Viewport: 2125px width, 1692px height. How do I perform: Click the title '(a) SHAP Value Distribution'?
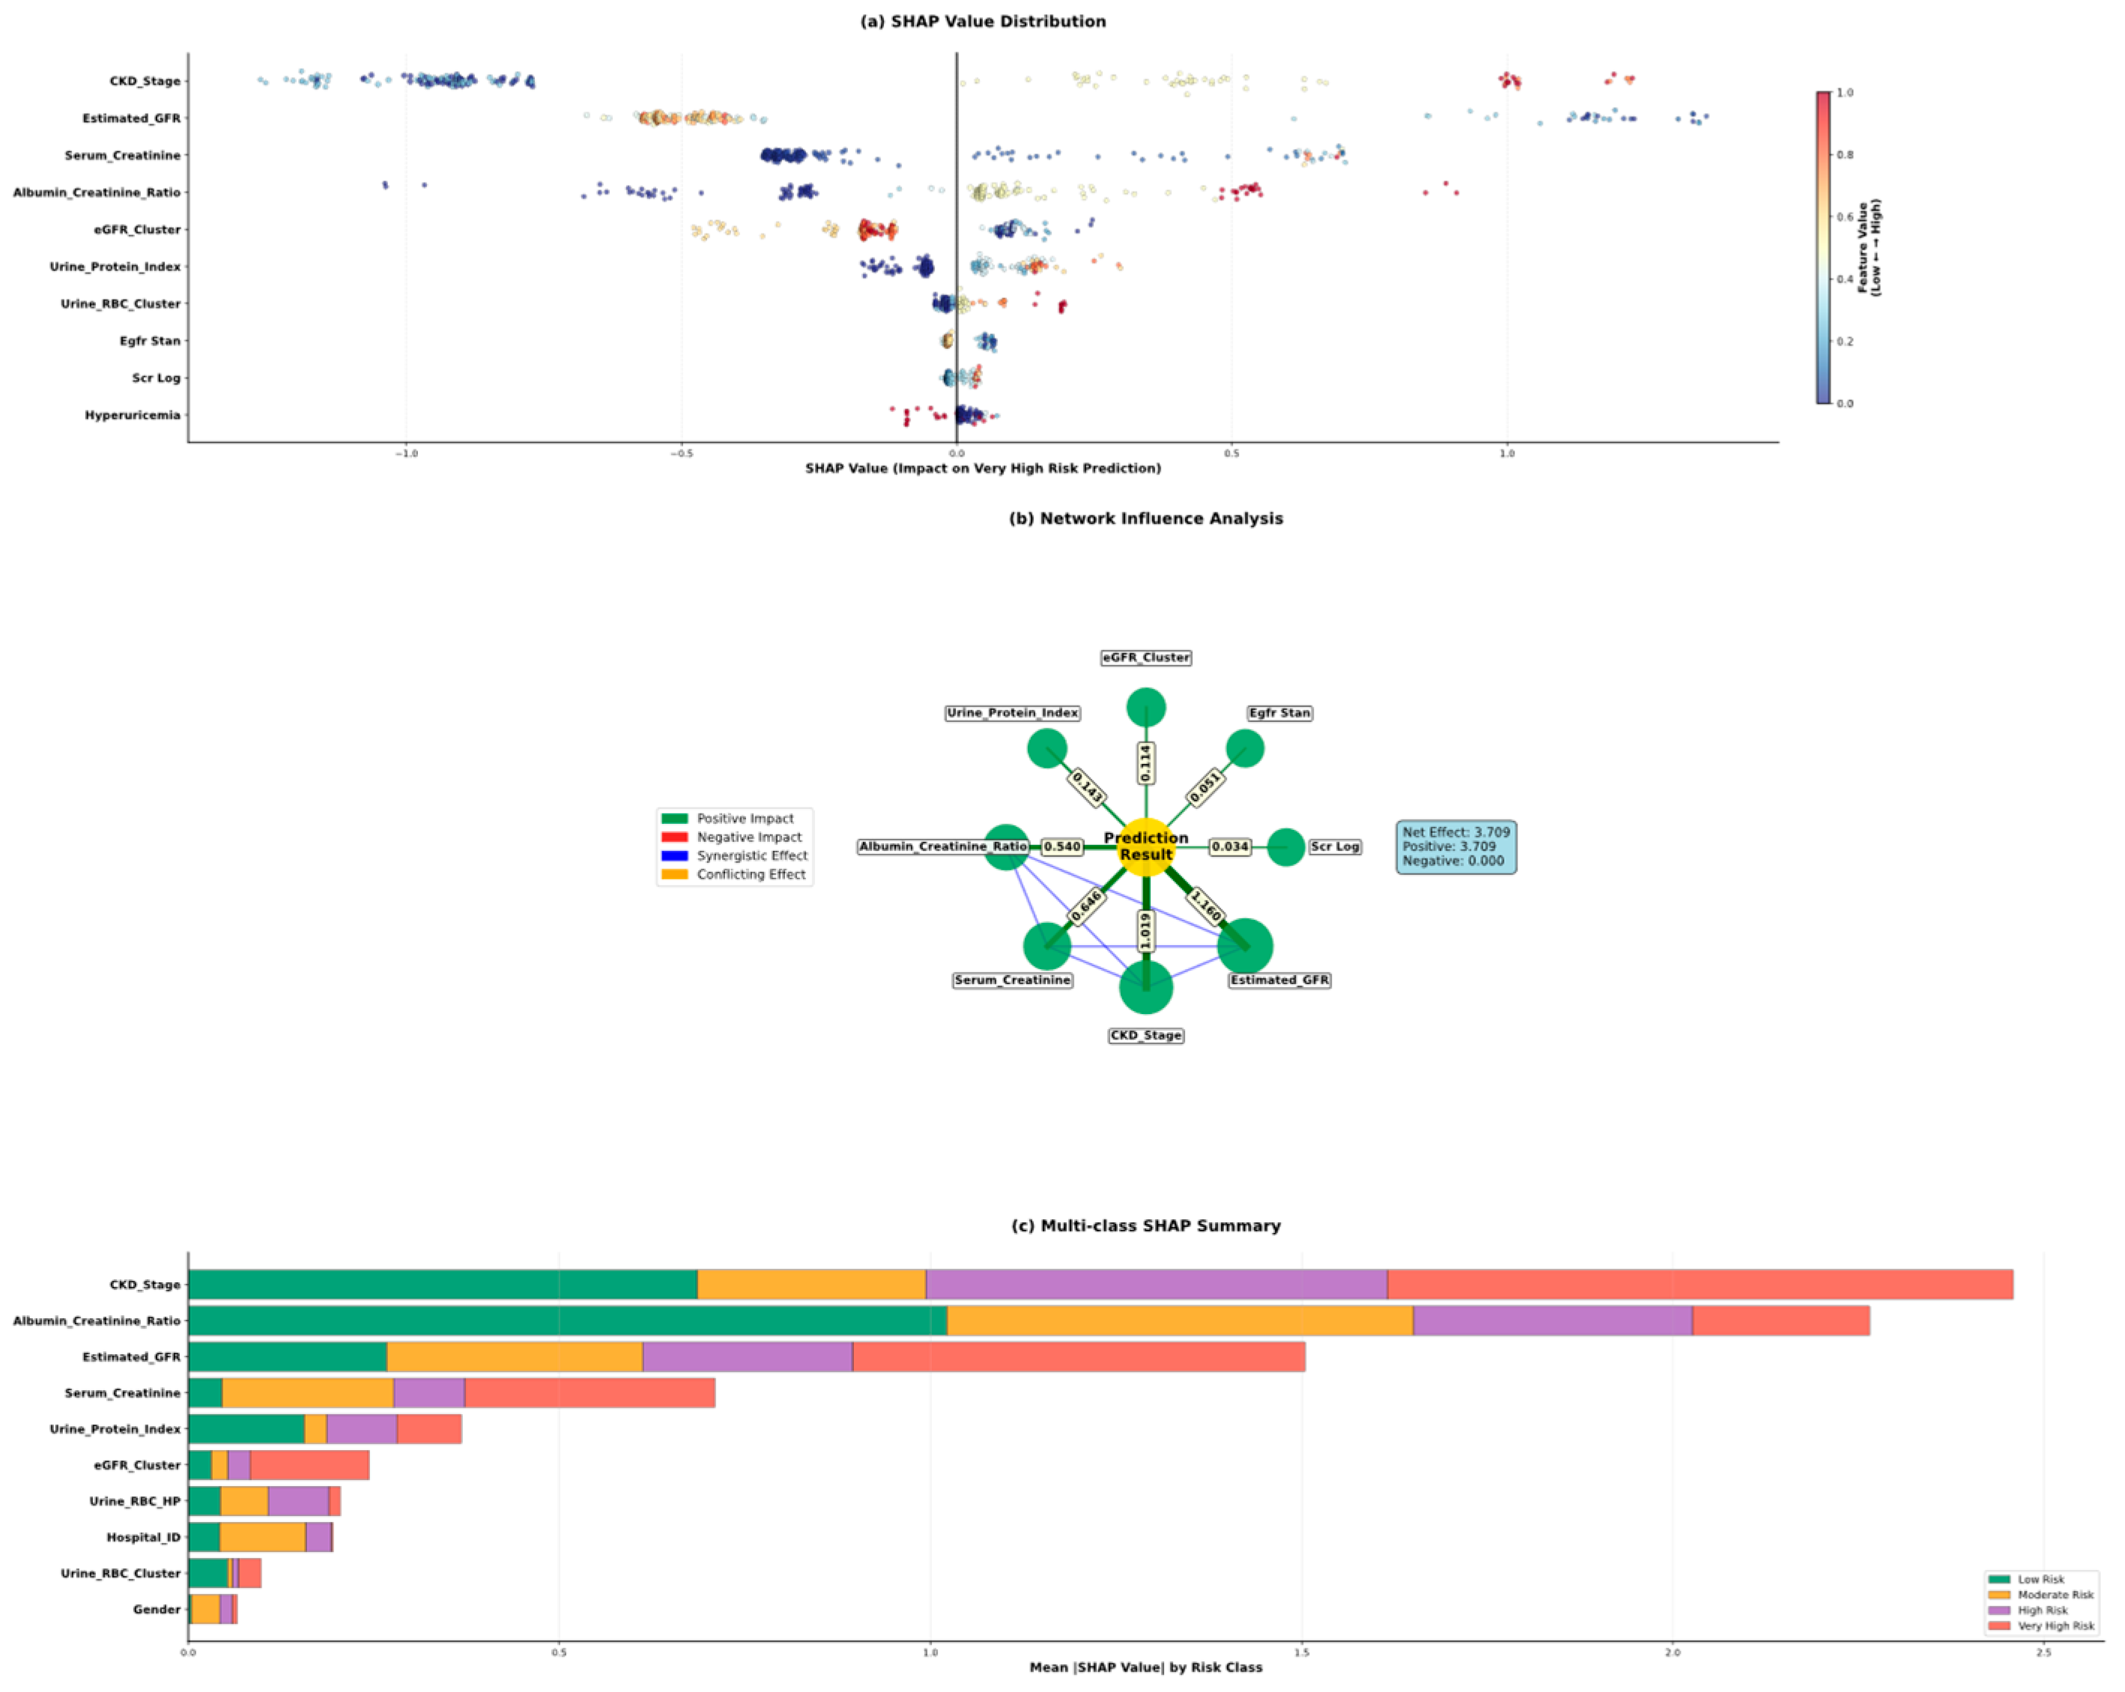[x=983, y=22]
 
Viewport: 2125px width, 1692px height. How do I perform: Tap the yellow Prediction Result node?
[x=1145, y=846]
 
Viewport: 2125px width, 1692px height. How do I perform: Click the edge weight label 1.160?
[x=1205, y=906]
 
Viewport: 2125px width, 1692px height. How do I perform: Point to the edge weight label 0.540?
[x=1061, y=846]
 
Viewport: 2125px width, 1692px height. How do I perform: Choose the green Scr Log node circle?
[x=1285, y=846]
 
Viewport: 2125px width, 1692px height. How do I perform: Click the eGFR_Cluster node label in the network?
[x=1145, y=658]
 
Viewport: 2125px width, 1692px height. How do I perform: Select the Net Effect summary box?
[x=1456, y=846]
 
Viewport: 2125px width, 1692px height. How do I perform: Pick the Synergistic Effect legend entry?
[x=751, y=855]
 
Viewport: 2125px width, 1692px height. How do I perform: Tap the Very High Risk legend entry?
[x=2055, y=1625]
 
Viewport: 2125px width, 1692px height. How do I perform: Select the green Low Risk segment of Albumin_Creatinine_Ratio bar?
[x=567, y=1320]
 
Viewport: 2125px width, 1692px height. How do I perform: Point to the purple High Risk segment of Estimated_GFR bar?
[x=747, y=1357]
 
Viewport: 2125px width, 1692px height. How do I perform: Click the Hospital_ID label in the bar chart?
[x=143, y=1537]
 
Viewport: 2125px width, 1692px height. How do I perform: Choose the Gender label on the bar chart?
[x=157, y=1609]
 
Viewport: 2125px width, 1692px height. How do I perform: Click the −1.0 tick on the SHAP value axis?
[x=405, y=455]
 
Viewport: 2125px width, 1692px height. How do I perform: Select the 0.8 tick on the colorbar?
[x=1844, y=155]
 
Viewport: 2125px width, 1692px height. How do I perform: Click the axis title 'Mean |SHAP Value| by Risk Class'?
[x=1145, y=1667]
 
